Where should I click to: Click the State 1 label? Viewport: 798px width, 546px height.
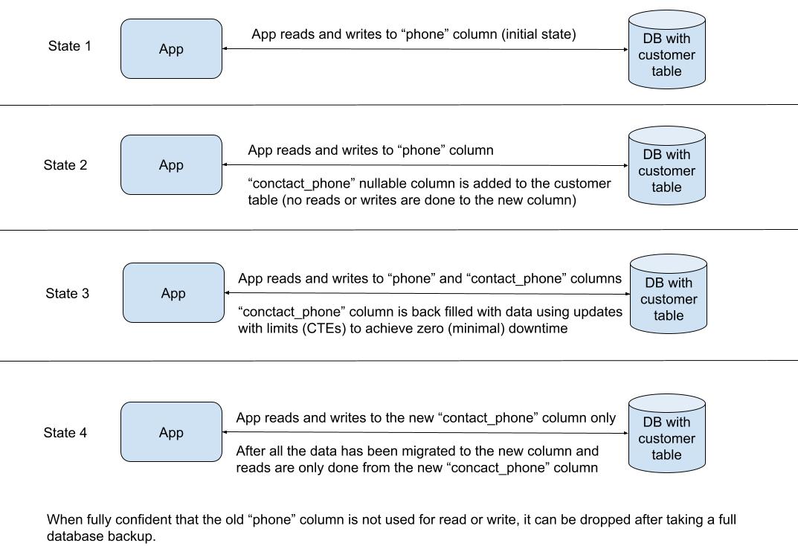click(x=70, y=46)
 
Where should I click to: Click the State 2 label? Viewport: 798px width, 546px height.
click(x=65, y=165)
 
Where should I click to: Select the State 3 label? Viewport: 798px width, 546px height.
click(x=67, y=293)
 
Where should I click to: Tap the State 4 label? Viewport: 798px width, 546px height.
click(x=65, y=432)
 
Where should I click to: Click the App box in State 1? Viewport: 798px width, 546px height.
click(x=171, y=49)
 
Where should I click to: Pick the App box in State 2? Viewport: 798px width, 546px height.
click(x=171, y=165)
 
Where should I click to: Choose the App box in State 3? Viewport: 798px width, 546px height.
click(x=173, y=293)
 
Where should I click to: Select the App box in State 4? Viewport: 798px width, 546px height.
click(x=171, y=432)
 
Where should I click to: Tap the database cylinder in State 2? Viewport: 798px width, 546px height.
click(x=666, y=167)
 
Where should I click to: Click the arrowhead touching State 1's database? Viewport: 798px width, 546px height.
click(x=625, y=50)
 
